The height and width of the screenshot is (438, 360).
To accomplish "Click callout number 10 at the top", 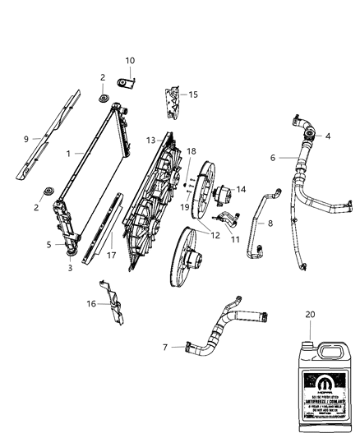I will (130, 60).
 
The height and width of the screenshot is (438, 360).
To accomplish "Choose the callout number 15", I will (193, 95).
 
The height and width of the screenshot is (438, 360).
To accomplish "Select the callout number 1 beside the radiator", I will (71, 154).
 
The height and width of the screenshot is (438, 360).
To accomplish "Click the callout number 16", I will (92, 304).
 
